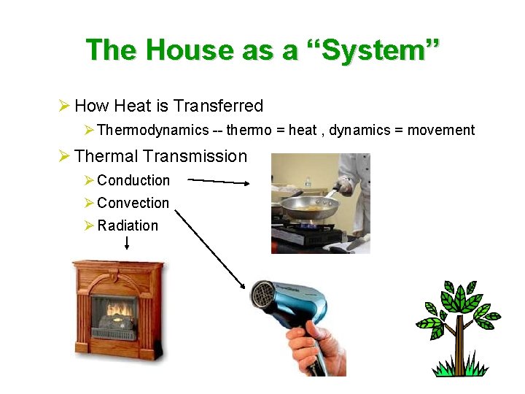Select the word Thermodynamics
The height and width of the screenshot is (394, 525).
pyautogui.click(x=152, y=131)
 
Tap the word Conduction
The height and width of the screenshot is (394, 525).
pyautogui.click(x=133, y=180)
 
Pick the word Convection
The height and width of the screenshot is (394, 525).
pyautogui.click(x=133, y=203)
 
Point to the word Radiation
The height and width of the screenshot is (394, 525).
pyautogui.click(x=128, y=225)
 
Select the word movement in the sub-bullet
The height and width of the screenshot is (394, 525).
pyautogui.click(x=440, y=131)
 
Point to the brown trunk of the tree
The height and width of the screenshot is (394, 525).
pyautogui.click(x=459, y=342)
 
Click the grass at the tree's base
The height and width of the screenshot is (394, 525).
pyautogui.click(x=459, y=366)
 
